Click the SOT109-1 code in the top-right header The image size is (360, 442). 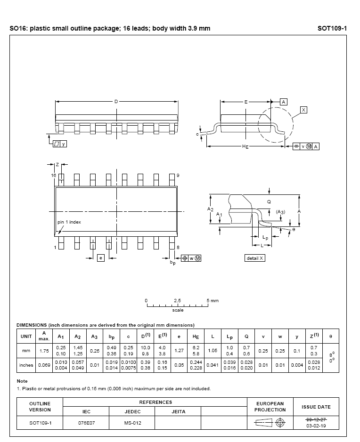(x=332, y=28)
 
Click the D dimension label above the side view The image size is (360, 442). (x=116, y=102)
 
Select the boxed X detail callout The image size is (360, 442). (x=303, y=110)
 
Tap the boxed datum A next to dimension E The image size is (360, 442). (x=284, y=102)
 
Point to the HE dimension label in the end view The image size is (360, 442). (x=245, y=146)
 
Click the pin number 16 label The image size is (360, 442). (x=53, y=175)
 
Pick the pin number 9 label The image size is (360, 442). (x=178, y=175)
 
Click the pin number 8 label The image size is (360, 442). (x=178, y=247)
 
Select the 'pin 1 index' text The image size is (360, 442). (x=69, y=222)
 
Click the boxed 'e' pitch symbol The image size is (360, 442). (x=101, y=258)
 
